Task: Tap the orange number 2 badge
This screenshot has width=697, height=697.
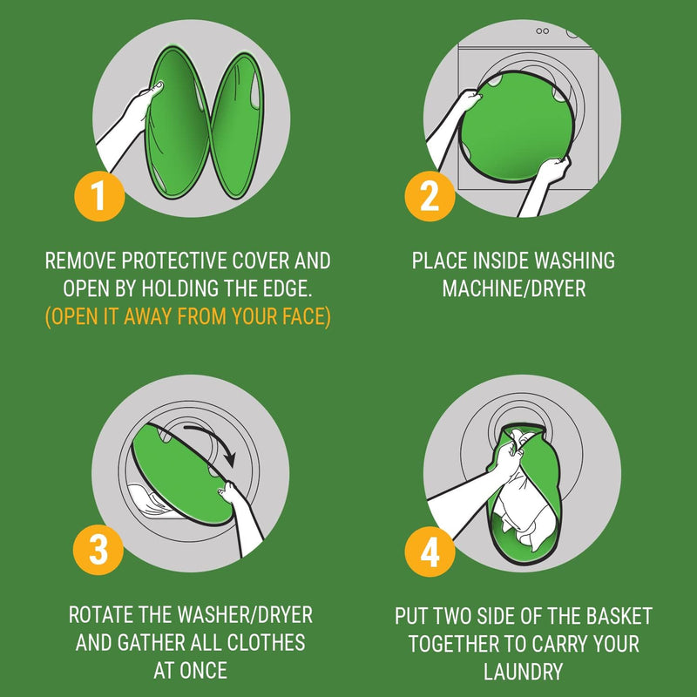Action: pyautogui.click(x=430, y=196)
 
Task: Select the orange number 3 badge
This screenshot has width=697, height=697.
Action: pyautogui.click(x=98, y=551)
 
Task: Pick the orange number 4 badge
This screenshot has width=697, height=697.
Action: pyautogui.click(x=430, y=551)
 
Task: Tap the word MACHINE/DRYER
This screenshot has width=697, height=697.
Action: pyautogui.click(x=513, y=288)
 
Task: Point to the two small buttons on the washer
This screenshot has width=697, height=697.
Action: pyautogui.click(x=542, y=31)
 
